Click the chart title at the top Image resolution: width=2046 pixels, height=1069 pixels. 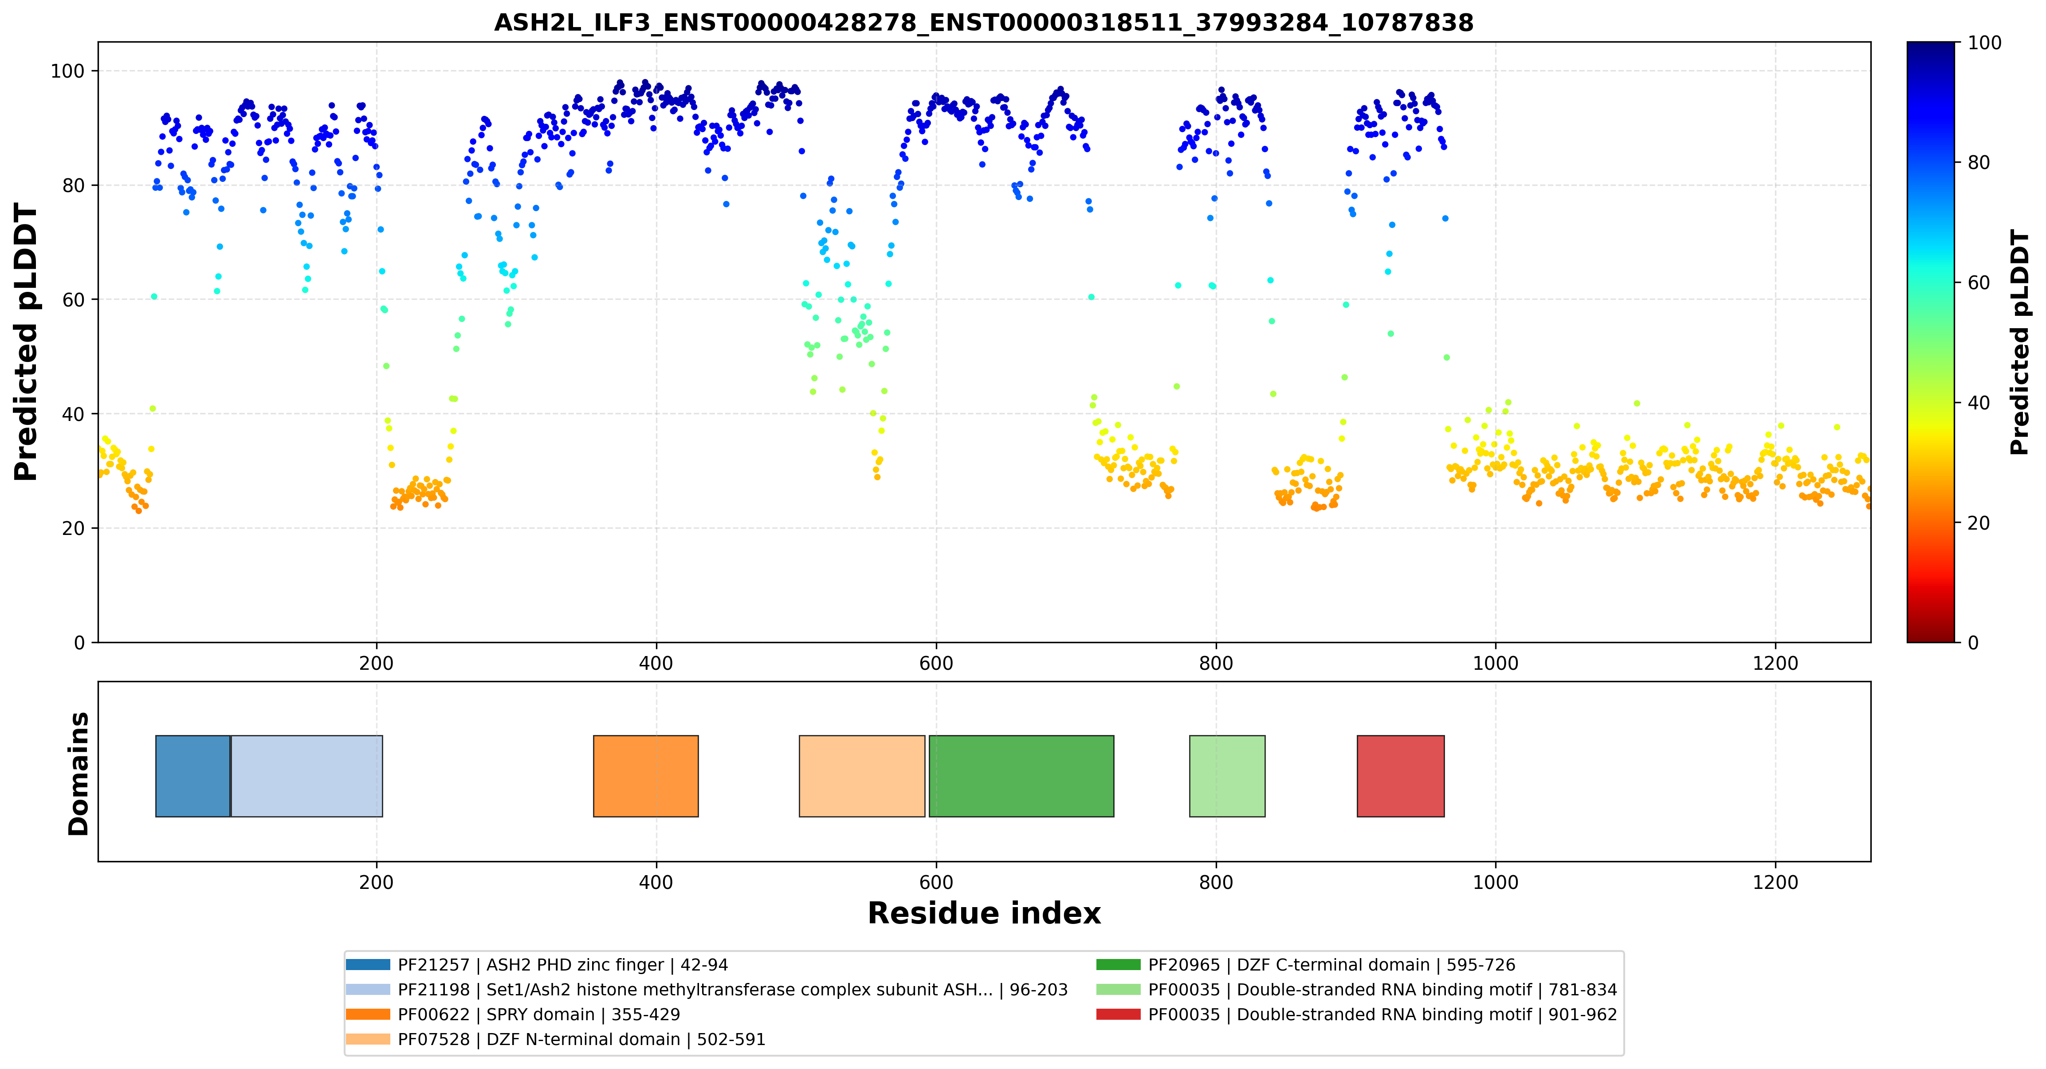(983, 22)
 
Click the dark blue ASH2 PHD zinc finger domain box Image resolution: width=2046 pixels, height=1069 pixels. (193, 776)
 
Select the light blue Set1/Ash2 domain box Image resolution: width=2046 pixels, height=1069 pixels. (306, 776)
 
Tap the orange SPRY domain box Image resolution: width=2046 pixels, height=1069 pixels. (646, 776)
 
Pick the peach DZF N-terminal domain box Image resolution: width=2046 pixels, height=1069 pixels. (862, 776)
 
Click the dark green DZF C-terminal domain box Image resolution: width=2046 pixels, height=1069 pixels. (1021, 776)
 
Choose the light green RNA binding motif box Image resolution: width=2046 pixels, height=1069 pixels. (1227, 776)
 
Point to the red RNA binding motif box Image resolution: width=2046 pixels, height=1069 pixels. (1400, 776)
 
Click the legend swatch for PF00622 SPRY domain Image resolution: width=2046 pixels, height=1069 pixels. (368, 1014)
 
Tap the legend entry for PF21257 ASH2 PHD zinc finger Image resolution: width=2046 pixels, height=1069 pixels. (537, 965)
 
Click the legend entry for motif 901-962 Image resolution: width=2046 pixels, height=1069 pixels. (1357, 1014)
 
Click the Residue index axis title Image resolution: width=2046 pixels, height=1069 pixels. (984, 913)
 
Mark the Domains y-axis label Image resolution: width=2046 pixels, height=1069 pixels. (79, 774)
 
